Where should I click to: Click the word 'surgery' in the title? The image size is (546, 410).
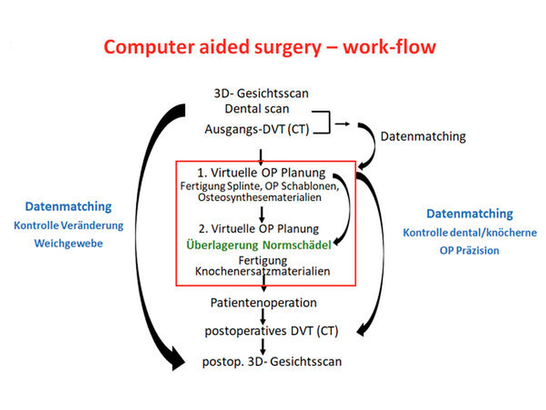(x=287, y=47)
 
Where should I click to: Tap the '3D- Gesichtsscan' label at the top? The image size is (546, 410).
(x=261, y=94)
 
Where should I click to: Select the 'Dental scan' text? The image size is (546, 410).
(x=257, y=109)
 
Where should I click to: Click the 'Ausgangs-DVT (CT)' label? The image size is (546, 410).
(x=257, y=129)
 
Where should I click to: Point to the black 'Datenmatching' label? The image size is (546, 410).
(x=423, y=136)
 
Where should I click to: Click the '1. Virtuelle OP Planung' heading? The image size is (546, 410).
(x=261, y=173)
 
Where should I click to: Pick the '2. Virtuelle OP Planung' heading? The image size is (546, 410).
(x=259, y=229)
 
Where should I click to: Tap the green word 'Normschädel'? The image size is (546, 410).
(x=297, y=245)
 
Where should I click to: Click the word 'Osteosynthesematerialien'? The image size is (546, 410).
(x=259, y=197)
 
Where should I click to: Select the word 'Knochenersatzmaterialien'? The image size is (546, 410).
(x=262, y=271)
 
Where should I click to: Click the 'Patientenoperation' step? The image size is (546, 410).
(x=264, y=303)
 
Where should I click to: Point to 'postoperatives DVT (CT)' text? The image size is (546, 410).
(x=271, y=331)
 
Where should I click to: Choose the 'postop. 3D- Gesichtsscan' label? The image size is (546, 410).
(x=272, y=362)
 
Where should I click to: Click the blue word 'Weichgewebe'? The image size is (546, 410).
(x=68, y=243)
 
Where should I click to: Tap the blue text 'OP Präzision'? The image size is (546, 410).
(x=469, y=251)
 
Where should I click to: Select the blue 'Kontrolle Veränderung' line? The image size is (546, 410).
(x=68, y=226)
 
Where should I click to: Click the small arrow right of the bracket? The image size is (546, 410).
(x=342, y=124)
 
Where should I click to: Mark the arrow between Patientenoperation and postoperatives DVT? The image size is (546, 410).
(x=263, y=316)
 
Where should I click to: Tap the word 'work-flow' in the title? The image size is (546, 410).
(x=389, y=47)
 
